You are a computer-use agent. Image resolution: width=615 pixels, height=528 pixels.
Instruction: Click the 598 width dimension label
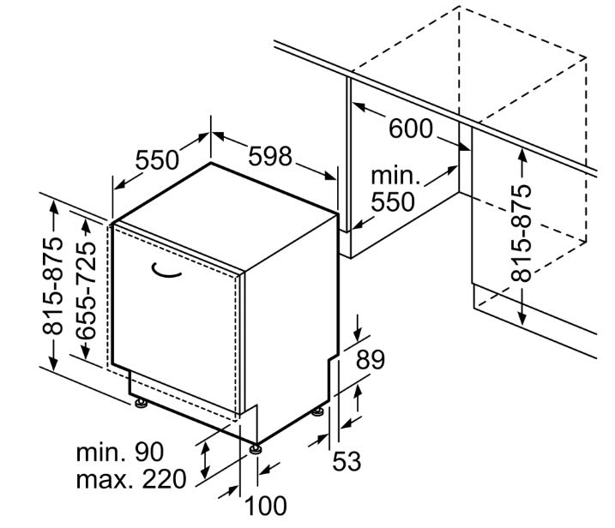coord(270,156)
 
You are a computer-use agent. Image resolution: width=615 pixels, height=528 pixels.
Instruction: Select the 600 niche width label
coord(411,129)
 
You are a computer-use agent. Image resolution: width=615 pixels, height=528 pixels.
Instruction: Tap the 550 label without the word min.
coord(157,160)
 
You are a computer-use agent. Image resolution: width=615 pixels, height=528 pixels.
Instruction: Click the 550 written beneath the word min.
coord(393,202)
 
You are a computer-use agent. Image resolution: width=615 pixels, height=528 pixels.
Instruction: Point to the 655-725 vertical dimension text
coord(87,291)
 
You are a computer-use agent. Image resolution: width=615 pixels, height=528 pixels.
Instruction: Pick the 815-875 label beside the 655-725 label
coord(52,285)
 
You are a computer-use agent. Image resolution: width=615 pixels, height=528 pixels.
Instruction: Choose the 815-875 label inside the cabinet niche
coord(522,233)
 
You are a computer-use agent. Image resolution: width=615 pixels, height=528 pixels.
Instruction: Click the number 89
coord(371,359)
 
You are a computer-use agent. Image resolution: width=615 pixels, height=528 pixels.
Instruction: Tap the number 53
coord(347,461)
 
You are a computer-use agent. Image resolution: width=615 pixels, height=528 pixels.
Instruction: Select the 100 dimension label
coord(266,506)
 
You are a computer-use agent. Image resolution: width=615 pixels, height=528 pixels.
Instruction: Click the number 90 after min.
coord(149,452)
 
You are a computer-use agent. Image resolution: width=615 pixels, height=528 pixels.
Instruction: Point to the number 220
coord(164,479)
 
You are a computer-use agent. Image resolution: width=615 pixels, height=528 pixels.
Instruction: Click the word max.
coord(103,480)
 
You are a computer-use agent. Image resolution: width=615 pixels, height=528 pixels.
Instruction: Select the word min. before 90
coord(101,453)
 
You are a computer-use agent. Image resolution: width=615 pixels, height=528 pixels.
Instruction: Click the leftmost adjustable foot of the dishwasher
coord(141,403)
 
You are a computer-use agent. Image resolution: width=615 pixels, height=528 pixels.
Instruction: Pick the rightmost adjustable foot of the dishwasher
coord(317,411)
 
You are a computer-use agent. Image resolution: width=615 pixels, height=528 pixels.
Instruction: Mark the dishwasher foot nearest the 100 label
coord(256,449)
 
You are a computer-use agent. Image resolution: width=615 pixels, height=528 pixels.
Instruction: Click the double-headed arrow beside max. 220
coord(204,459)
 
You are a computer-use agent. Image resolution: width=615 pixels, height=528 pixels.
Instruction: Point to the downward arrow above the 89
coord(358,327)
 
